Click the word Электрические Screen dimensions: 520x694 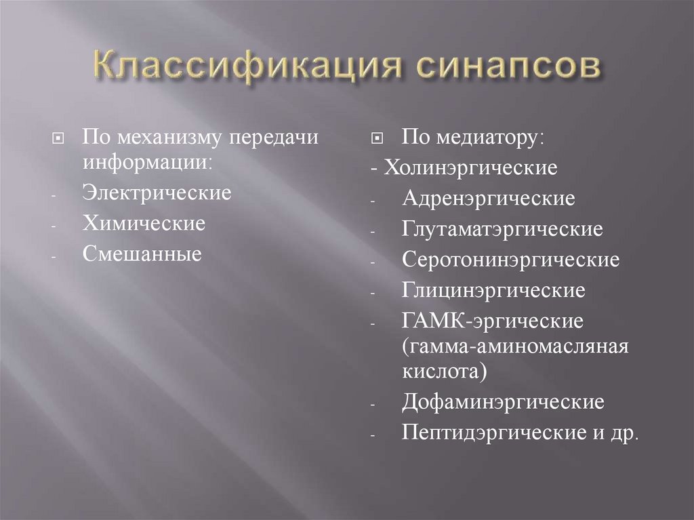(157, 193)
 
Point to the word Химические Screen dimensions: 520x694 (144, 223)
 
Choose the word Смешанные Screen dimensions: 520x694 (142, 254)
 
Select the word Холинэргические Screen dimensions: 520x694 (471, 167)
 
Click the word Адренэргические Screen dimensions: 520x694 (488, 199)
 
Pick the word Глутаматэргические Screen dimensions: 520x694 (502, 229)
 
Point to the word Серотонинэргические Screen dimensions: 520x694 (510, 260)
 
